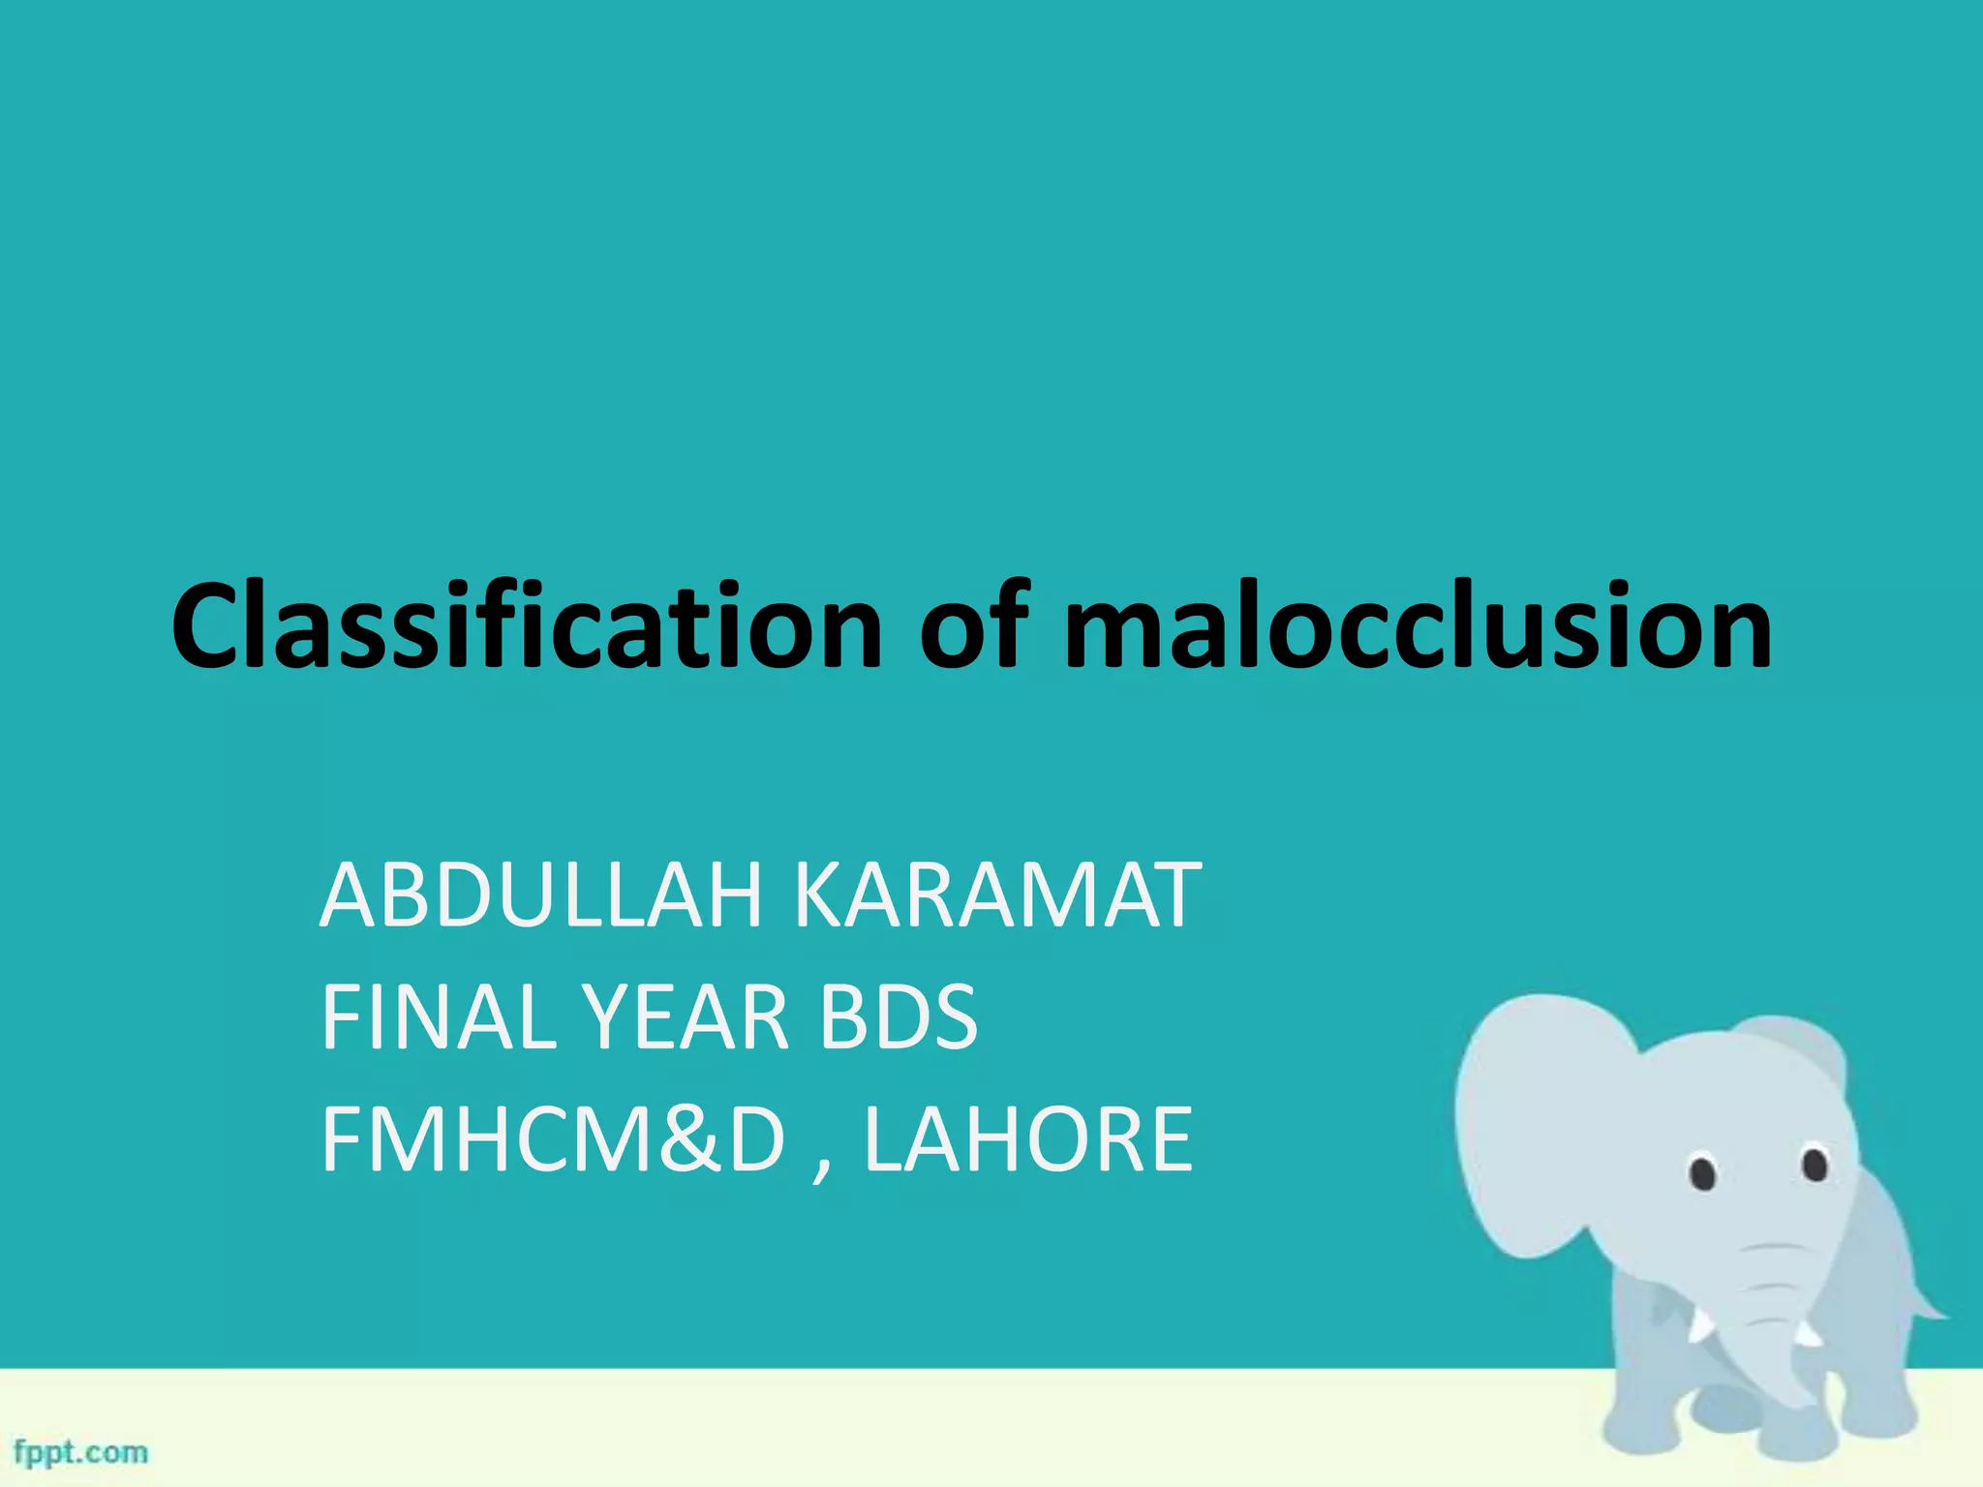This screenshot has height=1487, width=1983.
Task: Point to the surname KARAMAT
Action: coord(997,896)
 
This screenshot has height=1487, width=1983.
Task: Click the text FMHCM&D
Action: coord(553,1139)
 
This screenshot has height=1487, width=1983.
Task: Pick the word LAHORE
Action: coord(1027,1139)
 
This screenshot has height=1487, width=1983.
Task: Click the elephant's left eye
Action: coord(1703,1173)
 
